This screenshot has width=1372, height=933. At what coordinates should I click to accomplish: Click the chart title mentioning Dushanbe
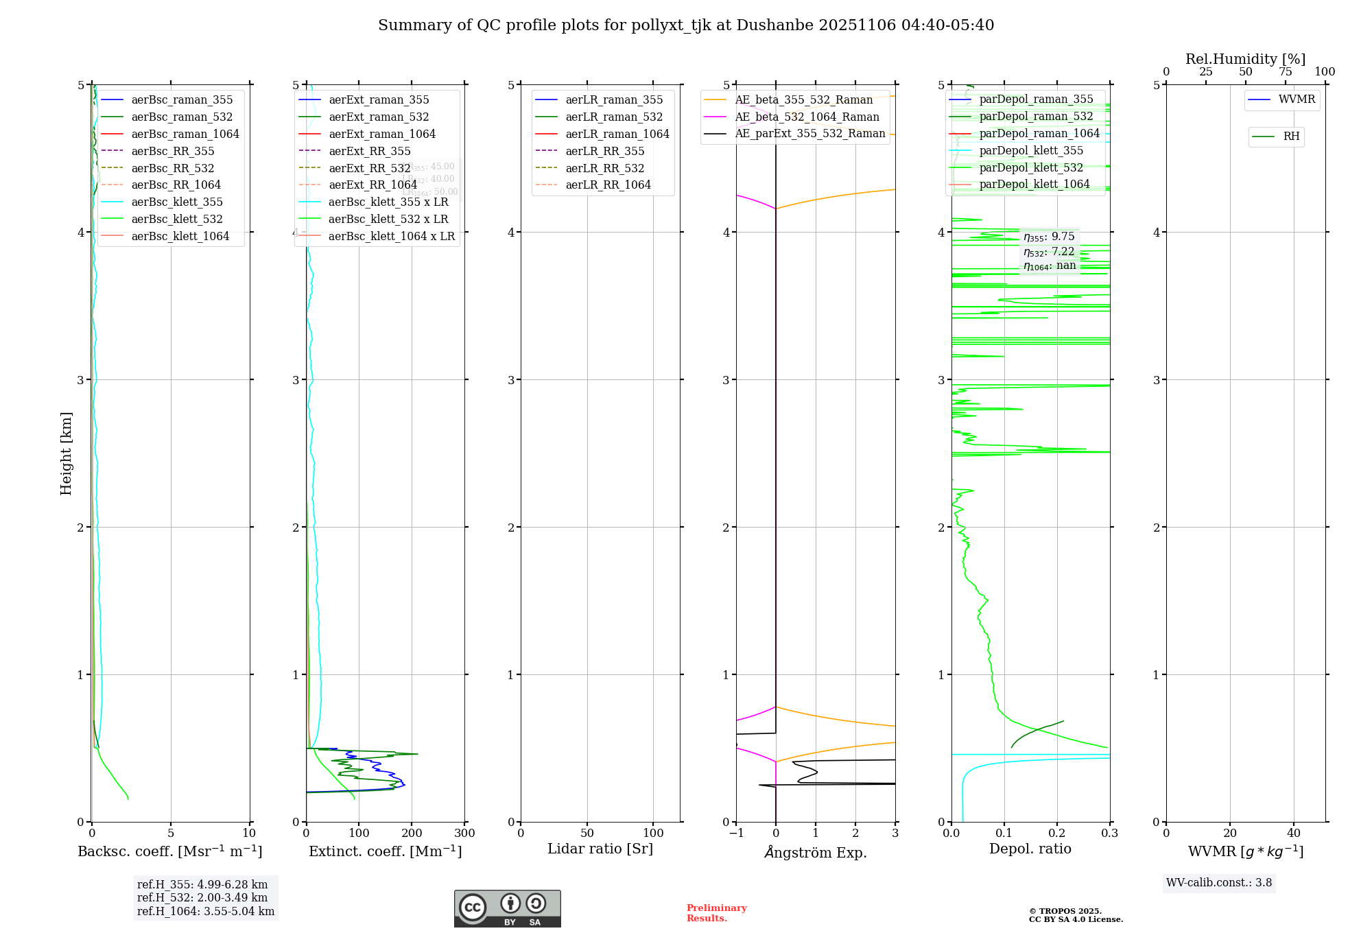pos(686,25)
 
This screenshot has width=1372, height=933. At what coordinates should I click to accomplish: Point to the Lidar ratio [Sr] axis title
pos(600,849)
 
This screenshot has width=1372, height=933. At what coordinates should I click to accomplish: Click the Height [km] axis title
pos(66,453)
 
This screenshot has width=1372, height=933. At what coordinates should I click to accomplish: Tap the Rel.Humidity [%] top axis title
pos(1245,59)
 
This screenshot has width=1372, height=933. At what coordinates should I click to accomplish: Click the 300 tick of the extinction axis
pos(464,833)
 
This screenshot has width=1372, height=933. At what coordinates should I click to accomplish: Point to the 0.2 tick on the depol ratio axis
pos(1057,833)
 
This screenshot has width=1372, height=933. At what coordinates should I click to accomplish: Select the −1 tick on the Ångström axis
pos(736,833)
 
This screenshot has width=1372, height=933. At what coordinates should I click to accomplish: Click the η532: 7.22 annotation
pos(1049,252)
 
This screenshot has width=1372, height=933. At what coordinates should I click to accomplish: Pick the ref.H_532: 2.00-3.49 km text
pos(202,897)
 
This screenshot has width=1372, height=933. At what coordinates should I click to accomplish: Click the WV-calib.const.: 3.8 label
pos(1219,882)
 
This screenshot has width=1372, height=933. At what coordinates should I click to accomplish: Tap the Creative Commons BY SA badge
pos(507,908)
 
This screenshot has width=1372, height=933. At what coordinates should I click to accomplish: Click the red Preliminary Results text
pos(716,912)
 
